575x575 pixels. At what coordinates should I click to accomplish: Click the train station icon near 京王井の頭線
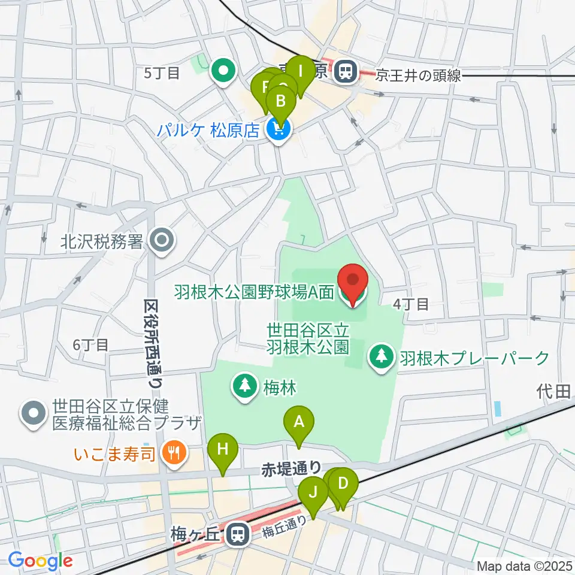[x=344, y=72]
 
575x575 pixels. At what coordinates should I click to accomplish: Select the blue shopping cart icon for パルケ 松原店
[x=277, y=129]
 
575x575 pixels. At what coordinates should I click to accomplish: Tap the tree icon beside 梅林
[x=245, y=385]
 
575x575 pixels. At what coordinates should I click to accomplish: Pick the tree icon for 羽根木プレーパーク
[x=380, y=358]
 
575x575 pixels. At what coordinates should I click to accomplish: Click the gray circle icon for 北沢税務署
[x=161, y=241]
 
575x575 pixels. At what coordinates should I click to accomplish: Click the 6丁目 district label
[x=90, y=344]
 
